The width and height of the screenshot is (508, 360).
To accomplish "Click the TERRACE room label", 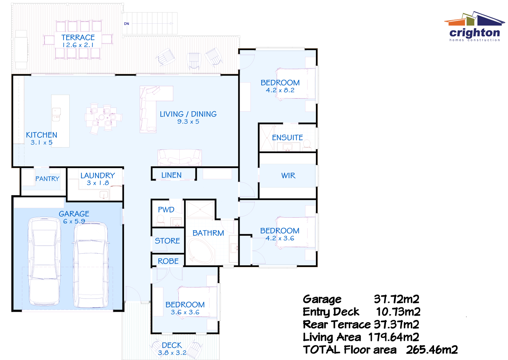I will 78,37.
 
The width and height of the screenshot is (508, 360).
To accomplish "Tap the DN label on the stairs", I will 127,24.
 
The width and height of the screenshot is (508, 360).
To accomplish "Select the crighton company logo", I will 474,27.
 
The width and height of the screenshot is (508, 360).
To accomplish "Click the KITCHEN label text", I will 42,135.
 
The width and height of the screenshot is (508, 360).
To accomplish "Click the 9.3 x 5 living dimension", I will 188,122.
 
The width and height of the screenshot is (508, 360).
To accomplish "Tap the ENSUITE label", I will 287,138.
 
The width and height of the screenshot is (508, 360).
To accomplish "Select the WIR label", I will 288,176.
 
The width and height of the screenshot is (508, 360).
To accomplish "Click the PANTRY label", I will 47,179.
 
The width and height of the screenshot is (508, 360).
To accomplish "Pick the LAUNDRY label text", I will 98,176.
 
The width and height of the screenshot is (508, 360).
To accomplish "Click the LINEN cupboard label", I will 171,175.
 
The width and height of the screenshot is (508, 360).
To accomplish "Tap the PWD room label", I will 166,210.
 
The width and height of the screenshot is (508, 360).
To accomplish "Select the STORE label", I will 167,241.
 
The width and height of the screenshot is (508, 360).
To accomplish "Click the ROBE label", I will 168,261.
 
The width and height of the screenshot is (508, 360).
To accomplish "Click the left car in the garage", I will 44,261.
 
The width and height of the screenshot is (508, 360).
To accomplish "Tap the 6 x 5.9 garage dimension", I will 74,221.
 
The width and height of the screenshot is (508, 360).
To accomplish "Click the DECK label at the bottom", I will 172,345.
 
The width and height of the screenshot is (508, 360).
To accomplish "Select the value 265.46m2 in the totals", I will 432,350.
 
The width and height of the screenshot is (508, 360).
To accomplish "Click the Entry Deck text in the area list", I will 331,312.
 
